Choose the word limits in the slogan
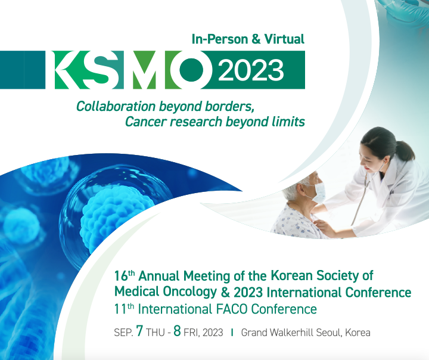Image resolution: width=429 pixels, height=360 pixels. coord(288,122)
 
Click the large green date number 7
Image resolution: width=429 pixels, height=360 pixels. coord(139,331)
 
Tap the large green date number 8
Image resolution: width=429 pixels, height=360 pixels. coord(178,331)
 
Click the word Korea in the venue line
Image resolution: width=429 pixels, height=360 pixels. coord(356,333)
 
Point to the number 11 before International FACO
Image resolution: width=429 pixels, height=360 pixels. coord(120,309)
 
